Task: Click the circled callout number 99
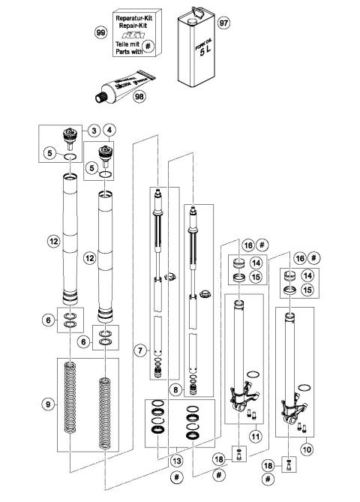coord(100,32)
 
